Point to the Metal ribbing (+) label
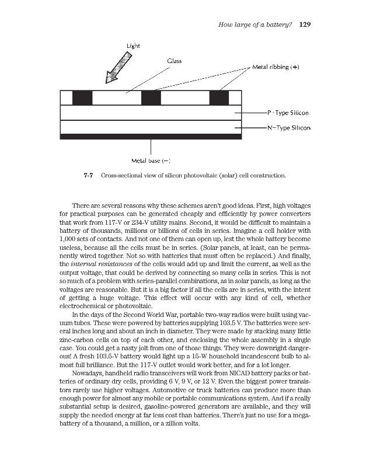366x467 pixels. pos(276,67)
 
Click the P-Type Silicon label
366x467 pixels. pos(287,113)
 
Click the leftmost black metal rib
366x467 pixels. pos(82,97)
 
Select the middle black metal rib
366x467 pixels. pos(151,97)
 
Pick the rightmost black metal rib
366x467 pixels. pos(219,97)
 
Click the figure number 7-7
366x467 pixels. pos(89,175)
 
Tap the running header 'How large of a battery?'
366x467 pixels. pos(255,25)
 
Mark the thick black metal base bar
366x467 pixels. pos(151,137)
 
